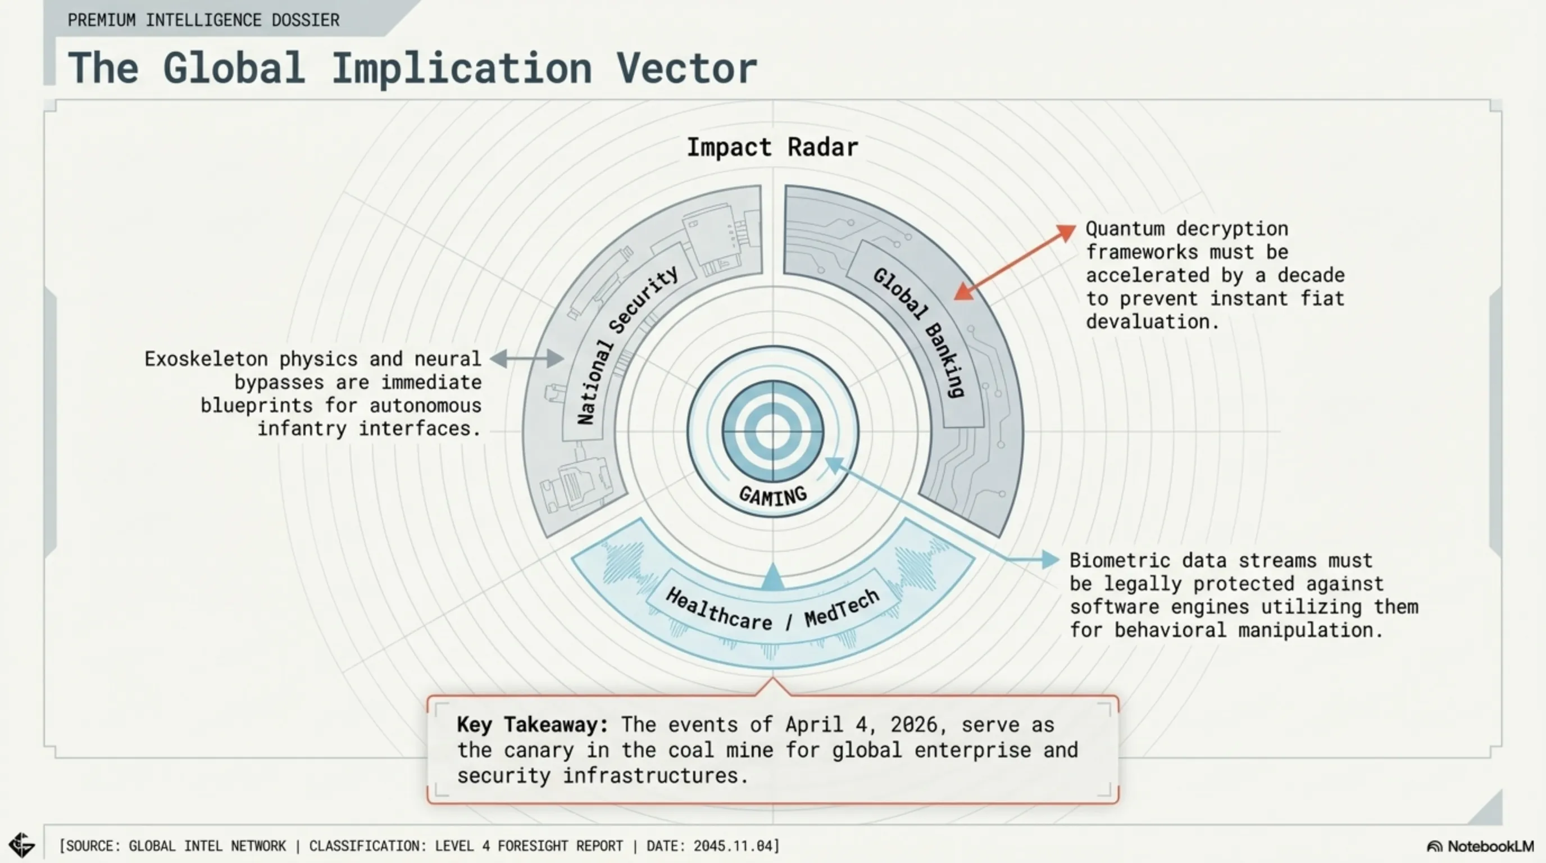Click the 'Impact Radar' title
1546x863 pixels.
click(x=772, y=148)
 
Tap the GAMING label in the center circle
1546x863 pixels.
click(x=772, y=496)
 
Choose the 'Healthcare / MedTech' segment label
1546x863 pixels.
click(x=772, y=609)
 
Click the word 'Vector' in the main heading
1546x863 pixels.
click(x=686, y=69)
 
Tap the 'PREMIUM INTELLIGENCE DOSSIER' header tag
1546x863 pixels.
click(x=203, y=20)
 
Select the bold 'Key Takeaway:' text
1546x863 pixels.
click(x=533, y=724)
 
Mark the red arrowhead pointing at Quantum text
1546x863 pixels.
click(x=1066, y=233)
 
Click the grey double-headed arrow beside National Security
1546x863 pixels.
click(x=527, y=359)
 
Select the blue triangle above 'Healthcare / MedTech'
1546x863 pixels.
click(x=772, y=578)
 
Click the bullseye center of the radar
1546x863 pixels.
click(x=772, y=431)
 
